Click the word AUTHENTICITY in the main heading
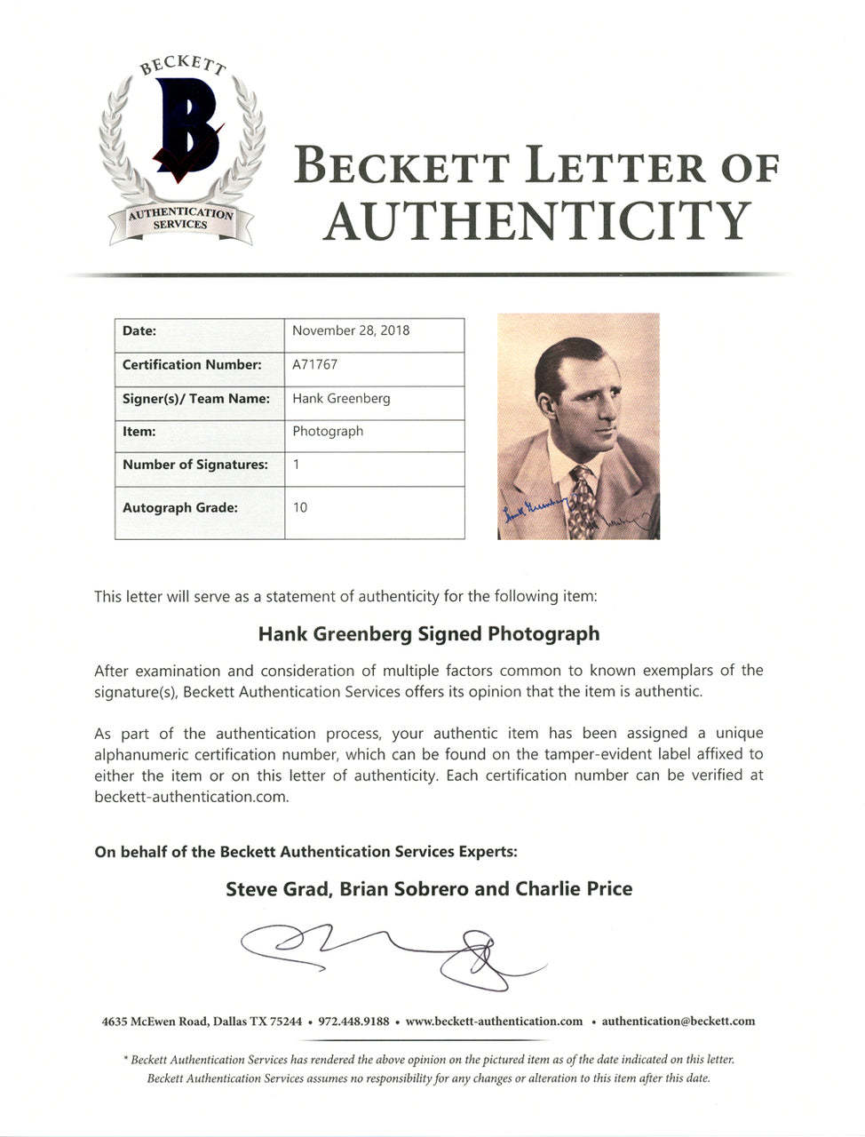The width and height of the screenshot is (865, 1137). coord(537,221)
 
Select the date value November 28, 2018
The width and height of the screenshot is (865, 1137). coord(351,330)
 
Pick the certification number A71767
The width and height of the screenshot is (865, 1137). coord(314,364)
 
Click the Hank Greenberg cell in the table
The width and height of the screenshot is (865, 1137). coord(341,398)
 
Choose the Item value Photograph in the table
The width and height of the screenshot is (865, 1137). coord(328,431)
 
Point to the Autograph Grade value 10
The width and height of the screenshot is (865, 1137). coord(300,507)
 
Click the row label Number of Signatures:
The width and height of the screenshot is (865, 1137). coord(195,465)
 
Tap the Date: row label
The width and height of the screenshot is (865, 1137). coord(139,330)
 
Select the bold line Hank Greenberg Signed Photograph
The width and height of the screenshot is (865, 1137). coord(429,634)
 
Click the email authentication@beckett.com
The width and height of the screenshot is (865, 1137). coord(679,1022)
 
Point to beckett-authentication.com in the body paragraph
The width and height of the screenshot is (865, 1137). coord(191,797)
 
